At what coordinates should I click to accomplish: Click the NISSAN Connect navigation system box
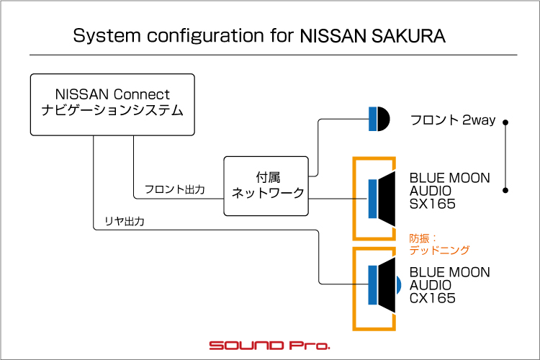click(x=112, y=104)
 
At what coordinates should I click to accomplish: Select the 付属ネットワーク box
click(x=266, y=186)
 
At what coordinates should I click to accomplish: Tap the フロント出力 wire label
click(x=175, y=189)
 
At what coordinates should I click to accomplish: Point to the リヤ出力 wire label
click(x=125, y=221)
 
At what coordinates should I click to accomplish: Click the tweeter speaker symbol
click(x=379, y=119)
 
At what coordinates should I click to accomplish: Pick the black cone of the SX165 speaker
click(x=387, y=199)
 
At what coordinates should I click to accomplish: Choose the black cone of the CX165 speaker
click(x=387, y=285)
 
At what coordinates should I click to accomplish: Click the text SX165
click(x=433, y=204)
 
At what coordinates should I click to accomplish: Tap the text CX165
click(x=433, y=298)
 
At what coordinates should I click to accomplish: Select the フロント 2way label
click(x=453, y=120)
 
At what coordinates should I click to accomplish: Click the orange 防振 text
click(x=419, y=238)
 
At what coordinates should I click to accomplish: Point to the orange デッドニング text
click(x=439, y=250)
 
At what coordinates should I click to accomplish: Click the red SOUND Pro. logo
click(x=270, y=345)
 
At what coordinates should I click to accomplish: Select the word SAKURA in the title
click(x=408, y=36)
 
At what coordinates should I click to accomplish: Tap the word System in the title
click(x=107, y=36)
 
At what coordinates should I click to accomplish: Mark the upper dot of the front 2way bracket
click(x=505, y=122)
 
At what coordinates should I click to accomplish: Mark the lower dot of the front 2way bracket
click(x=505, y=190)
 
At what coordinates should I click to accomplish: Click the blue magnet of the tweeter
click(x=373, y=119)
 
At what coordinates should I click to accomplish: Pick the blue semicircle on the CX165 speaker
click(x=398, y=285)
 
